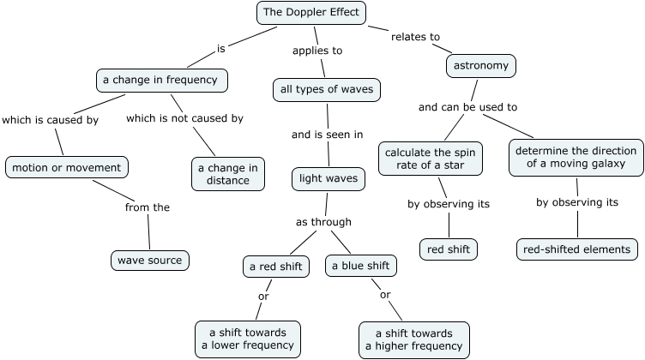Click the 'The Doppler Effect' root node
312,13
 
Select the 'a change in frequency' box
161,81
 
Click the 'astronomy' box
481,65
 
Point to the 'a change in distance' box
228,173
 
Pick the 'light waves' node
329,179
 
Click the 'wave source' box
149,260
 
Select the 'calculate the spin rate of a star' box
431,159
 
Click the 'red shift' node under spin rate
449,249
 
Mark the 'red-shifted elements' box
577,249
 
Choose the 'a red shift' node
275,267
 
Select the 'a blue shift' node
361,266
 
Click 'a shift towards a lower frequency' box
248,339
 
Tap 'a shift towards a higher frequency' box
413,339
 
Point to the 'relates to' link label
415,37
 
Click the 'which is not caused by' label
184,118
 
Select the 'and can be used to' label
467,107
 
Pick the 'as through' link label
323,222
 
